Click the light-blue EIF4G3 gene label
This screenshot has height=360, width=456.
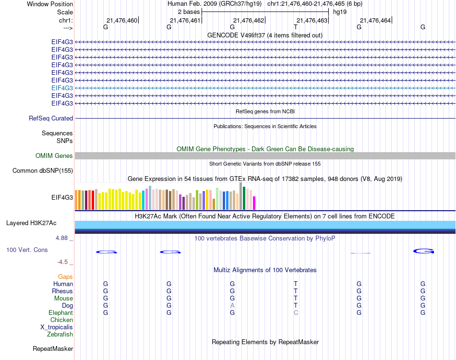click(62, 88)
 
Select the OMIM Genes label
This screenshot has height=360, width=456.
click(54, 156)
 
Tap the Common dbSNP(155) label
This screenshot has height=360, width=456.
click(43, 170)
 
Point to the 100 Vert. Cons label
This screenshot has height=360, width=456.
click(27, 250)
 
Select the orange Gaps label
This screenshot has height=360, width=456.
click(65, 276)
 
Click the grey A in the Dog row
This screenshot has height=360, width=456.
click(232, 305)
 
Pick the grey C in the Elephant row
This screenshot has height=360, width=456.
click(296, 312)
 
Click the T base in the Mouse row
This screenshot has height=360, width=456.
click(296, 298)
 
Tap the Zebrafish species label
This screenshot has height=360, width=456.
click(60, 334)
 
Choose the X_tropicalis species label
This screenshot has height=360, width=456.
click(57, 327)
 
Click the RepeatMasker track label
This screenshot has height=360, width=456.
click(53, 348)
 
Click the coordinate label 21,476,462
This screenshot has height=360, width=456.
click(249, 20)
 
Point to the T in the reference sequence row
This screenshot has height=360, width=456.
click(296, 27)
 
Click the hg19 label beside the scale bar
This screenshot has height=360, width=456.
click(340, 12)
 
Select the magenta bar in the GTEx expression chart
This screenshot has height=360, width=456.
click(254, 203)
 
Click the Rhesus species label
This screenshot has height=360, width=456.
click(62, 291)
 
